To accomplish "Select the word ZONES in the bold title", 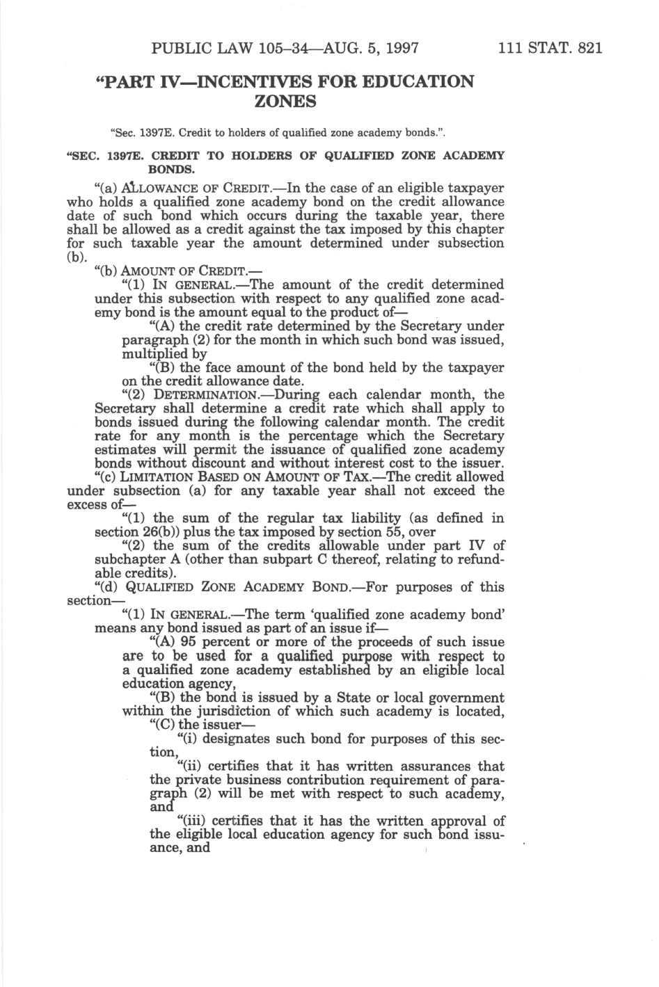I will (x=285, y=102).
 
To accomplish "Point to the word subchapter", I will (x=129, y=559).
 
